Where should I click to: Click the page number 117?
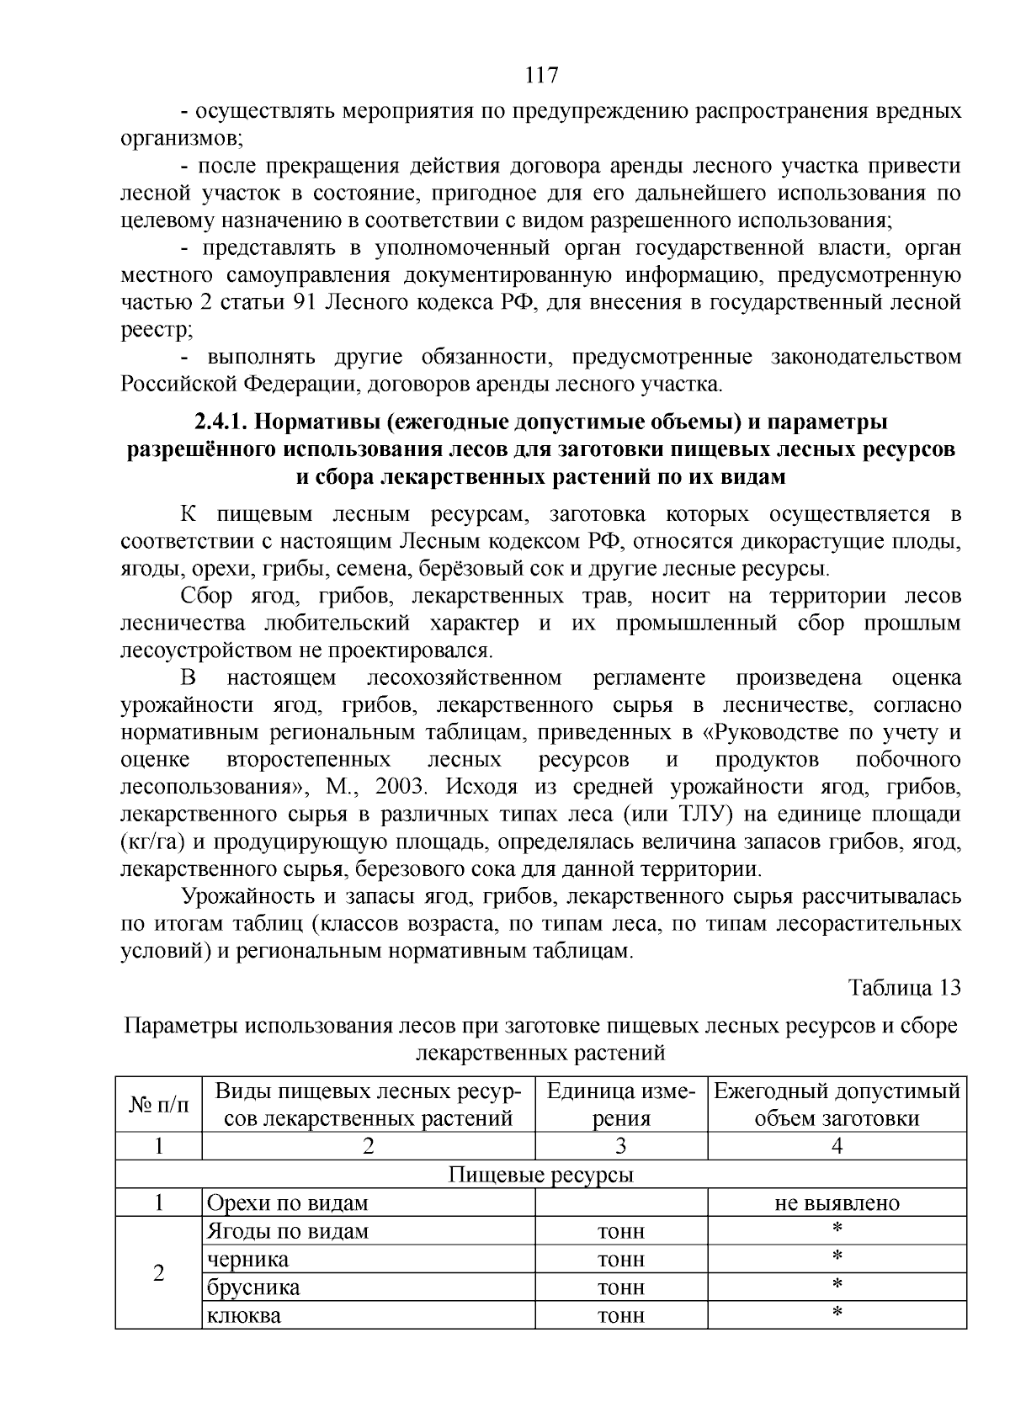click(x=541, y=76)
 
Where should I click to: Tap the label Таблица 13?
click(x=904, y=987)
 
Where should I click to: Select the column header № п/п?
click(x=158, y=1104)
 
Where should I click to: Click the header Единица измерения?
click(x=621, y=1104)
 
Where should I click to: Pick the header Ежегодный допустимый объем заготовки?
click(x=837, y=1104)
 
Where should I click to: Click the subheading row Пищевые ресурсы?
click(x=540, y=1175)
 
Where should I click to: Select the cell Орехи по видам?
click(x=287, y=1203)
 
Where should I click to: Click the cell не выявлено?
click(x=837, y=1203)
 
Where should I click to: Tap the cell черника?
click(x=247, y=1260)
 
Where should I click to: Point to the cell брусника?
click(x=253, y=1287)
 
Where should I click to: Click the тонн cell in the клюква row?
click(x=621, y=1315)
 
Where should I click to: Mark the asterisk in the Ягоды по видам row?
click(x=837, y=1229)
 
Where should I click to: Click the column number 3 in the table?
click(x=621, y=1146)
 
